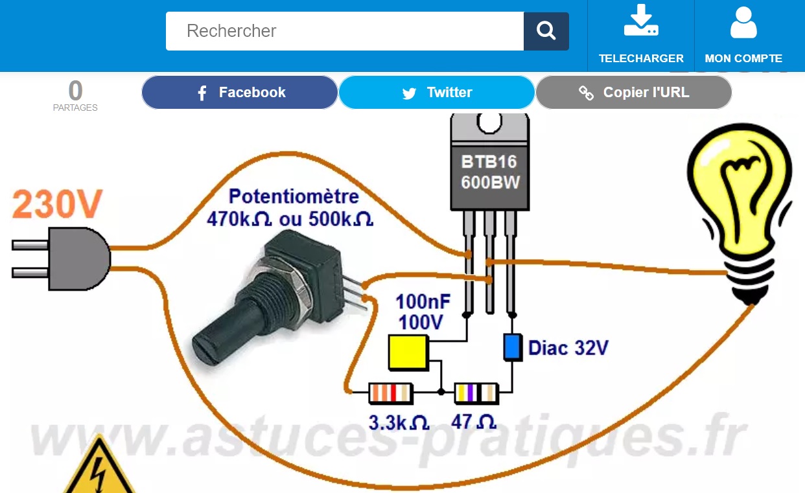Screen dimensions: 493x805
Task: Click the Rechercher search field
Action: (x=344, y=31)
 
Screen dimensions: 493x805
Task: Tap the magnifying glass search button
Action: (x=546, y=31)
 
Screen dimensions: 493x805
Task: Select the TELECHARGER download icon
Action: (x=640, y=22)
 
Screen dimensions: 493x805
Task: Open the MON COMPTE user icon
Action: (x=743, y=22)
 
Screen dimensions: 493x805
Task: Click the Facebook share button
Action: (x=240, y=93)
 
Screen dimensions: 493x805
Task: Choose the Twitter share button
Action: (x=437, y=93)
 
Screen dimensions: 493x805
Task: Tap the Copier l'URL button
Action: (x=634, y=93)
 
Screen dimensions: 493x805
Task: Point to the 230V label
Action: (x=57, y=204)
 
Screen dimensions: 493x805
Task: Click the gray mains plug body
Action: (x=78, y=259)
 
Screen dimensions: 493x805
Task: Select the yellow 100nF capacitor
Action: (x=408, y=352)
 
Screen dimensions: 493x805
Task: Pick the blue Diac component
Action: (x=513, y=347)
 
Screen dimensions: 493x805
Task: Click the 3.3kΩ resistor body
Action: (x=390, y=393)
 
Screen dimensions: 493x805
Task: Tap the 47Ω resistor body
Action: (x=476, y=393)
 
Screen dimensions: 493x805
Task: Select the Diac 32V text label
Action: (x=568, y=348)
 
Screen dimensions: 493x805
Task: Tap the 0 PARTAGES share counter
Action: (x=75, y=95)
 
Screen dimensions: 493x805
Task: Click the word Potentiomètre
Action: (x=294, y=196)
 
